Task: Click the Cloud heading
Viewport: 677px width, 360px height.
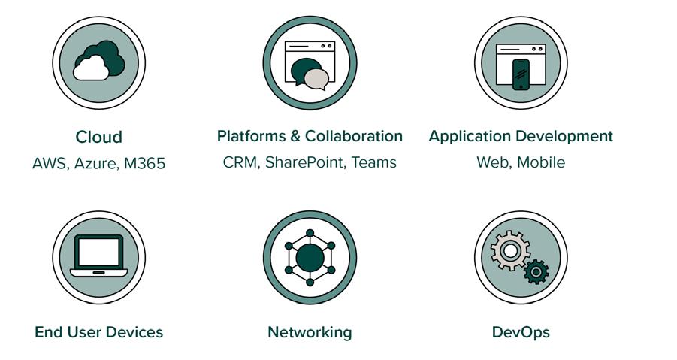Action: (98, 138)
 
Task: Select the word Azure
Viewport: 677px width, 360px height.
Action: (94, 164)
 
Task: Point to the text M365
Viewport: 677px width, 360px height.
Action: (142, 164)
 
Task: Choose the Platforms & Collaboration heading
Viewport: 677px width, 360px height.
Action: (310, 136)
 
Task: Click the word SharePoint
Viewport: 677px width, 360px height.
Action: (304, 162)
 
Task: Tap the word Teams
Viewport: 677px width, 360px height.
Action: (373, 162)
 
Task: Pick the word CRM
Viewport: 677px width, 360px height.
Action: (240, 162)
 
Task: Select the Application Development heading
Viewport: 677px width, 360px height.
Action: (521, 136)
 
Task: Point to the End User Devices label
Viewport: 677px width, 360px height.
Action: (98, 332)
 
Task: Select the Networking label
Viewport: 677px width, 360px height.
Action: (310, 332)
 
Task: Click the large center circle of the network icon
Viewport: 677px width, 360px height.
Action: (310, 258)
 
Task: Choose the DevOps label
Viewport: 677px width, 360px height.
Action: (521, 332)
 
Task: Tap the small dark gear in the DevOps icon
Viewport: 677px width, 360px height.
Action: (536, 271)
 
